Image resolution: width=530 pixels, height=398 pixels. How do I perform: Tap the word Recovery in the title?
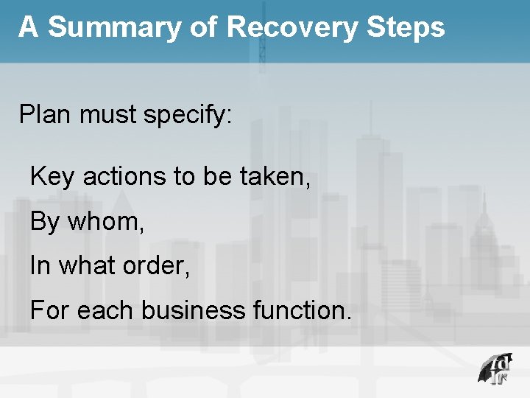pyautogui.click(x=289, y=27)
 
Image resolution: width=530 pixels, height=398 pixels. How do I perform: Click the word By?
pyautogui.click(x=45, y=222)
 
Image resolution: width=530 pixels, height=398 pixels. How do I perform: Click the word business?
pyautogui.click(x=192, y=310)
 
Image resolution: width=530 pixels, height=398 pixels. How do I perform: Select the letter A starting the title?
pyautogui.click(x=28, y=27)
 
